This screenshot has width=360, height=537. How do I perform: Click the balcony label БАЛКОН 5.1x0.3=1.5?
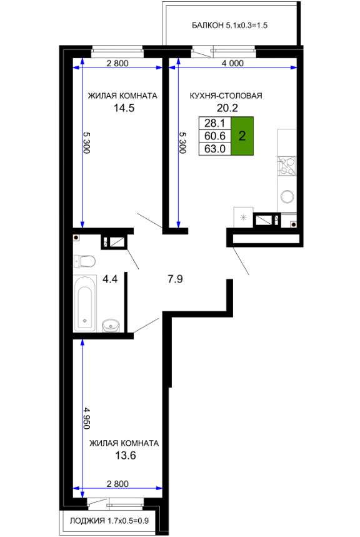click(229, 26)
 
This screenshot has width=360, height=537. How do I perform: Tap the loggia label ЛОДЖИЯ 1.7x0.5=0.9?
click(109, 521)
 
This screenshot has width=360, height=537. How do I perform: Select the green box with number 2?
click(242, 136)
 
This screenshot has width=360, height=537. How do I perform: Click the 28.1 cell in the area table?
click(215, 123)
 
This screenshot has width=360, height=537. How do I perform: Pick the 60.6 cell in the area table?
click(215, 136)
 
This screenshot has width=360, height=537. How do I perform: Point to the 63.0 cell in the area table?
click(215, 149)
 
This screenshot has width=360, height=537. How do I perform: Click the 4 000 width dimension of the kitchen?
click(232, 63)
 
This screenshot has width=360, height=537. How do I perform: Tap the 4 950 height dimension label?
click(87, 418)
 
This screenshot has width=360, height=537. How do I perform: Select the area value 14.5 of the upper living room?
click(124, 108)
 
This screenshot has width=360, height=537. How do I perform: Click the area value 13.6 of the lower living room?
click(126, 456)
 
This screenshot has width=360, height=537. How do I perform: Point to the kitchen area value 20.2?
click(227, 108)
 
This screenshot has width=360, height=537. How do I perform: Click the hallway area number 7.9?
click(175, 279)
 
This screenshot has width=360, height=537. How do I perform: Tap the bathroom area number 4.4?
click(110, 279)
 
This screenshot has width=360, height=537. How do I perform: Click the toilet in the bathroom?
click(84, 261)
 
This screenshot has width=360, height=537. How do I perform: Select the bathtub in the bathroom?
click(85, 303)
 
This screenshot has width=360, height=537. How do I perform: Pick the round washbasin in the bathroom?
click(110, 324)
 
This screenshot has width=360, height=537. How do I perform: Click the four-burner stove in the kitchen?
click(287, 166)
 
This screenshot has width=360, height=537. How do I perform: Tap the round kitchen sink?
click(287, 196)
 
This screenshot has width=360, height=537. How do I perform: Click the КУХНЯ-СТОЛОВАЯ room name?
click(226, 96)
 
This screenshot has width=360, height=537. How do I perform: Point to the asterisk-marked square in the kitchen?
click(243, 217)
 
